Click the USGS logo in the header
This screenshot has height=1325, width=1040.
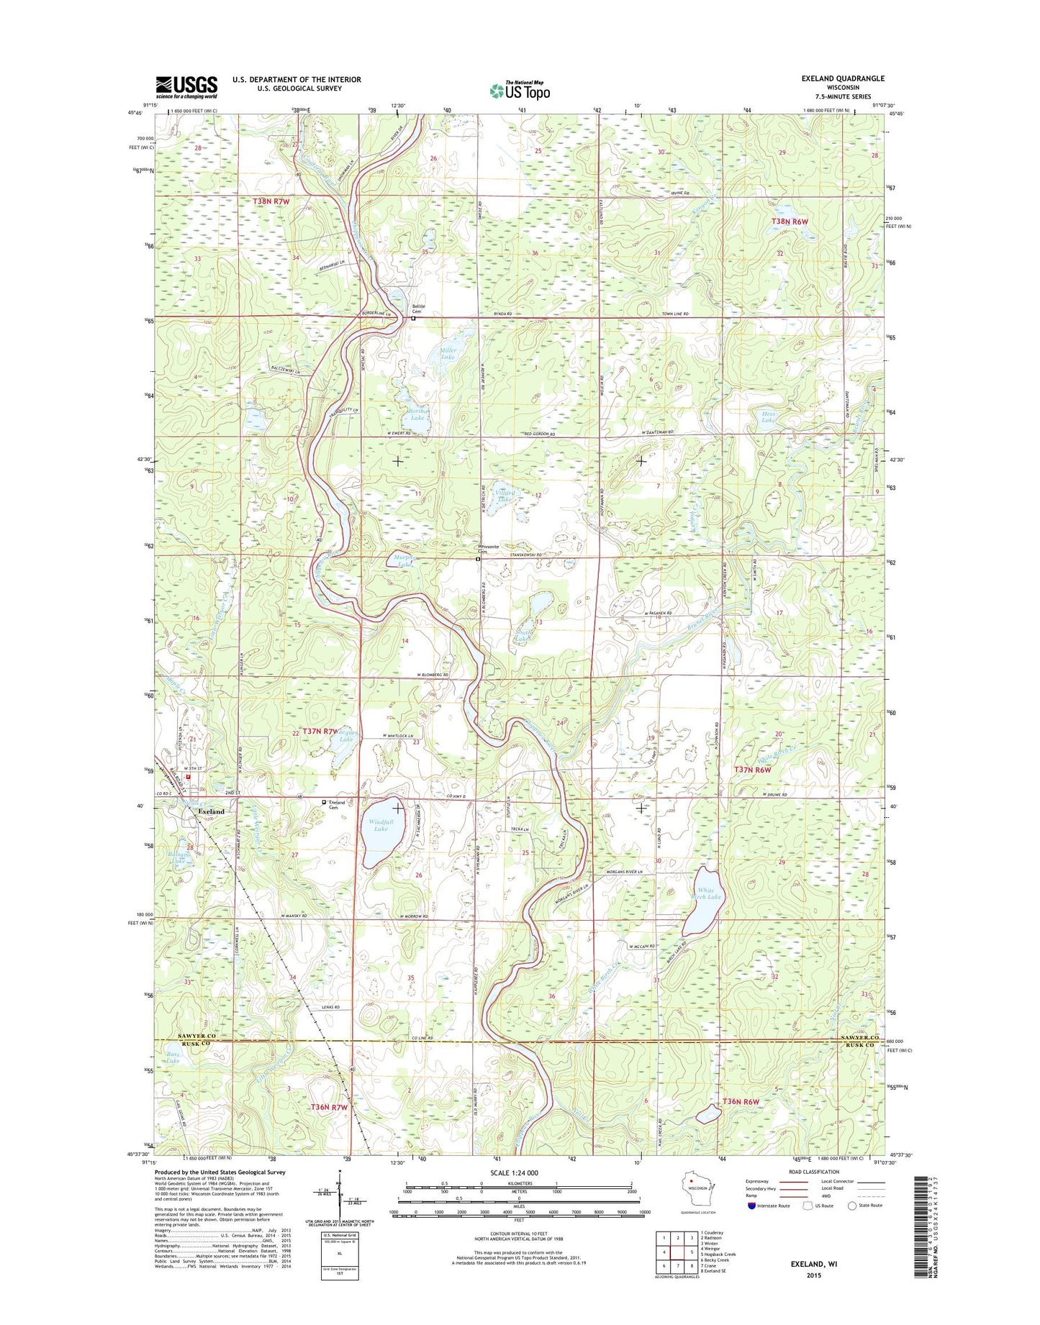coord(186,87)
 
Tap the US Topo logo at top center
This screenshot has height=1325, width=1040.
coord(520,90)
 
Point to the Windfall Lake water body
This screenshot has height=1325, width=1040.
coord(381,838)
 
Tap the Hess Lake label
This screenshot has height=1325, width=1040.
coord(769,417)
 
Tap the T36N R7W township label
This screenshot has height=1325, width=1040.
coord(329,1107)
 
